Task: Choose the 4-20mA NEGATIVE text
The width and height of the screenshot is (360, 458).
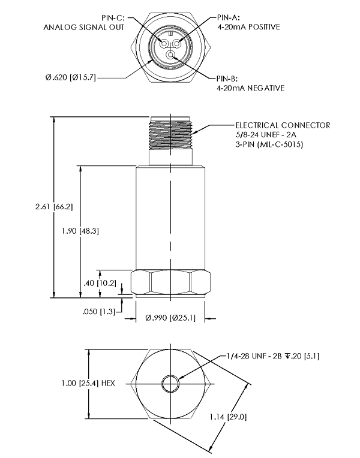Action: (x=250, y=88)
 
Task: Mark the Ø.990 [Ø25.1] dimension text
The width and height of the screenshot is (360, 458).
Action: (x=170, y=318)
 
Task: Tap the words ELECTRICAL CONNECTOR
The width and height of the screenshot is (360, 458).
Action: (x=282, y=125)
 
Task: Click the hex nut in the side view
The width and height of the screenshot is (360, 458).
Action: (x=171, y=282)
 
